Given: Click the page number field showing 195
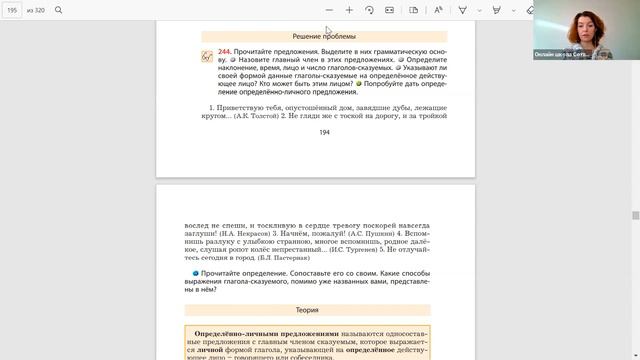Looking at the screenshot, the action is (13, 10).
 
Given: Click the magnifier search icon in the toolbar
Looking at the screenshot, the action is (58, 10).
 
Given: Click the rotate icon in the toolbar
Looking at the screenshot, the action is (370, 10).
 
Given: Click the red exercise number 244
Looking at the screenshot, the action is (225, 49).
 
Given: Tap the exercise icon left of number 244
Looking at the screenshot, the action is (207, 56).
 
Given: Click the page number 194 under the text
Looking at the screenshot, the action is (324, 132).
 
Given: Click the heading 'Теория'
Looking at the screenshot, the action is (308, 311).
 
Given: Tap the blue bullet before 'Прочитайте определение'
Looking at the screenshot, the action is (196, 273).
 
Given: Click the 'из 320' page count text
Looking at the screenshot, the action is (35, 10).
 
